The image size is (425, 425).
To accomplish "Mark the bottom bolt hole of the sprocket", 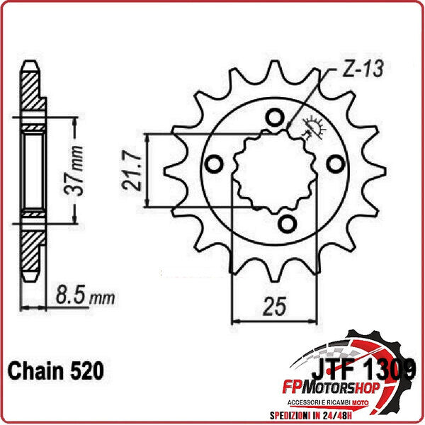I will coord(286,225).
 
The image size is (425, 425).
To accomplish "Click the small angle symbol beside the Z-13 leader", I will coord(310,127).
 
